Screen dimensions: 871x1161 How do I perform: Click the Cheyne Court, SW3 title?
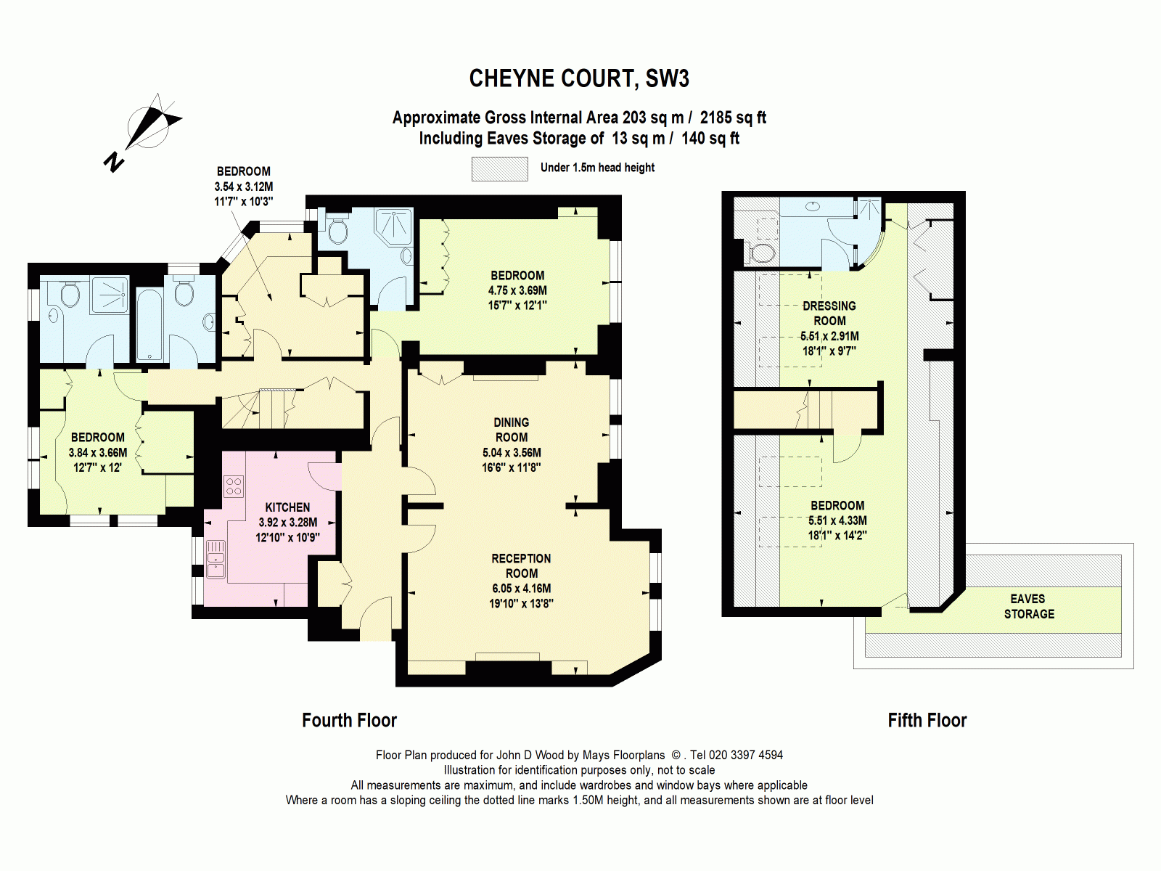click(x=579, y=78)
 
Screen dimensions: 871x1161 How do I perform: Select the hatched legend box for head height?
click(x=499, y=168)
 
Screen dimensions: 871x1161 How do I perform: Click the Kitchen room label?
click(x=287, y=507)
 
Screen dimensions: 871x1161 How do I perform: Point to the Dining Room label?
click(x=511, y=430)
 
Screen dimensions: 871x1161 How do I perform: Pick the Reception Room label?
click(x=521, y=565)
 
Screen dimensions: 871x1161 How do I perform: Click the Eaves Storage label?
click(x=1028, y=606)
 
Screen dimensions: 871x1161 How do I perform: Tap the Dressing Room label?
click(x=829, y=314)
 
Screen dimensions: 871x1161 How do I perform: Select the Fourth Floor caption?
click(x=349, y=720)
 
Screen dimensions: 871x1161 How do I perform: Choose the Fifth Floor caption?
click(x=927, y=720)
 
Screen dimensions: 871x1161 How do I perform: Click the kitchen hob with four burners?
click(x=234, y=486)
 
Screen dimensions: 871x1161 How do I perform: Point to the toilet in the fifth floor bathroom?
click(x=762, y=253)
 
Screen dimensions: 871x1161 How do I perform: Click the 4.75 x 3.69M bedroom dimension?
click(x=517, y=290)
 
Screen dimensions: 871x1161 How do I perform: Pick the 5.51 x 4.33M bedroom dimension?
click(x=837, y=520)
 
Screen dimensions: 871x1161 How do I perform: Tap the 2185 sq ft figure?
click(x=733, y=118)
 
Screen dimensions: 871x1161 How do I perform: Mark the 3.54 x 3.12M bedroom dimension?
click(x=243, y=187)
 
